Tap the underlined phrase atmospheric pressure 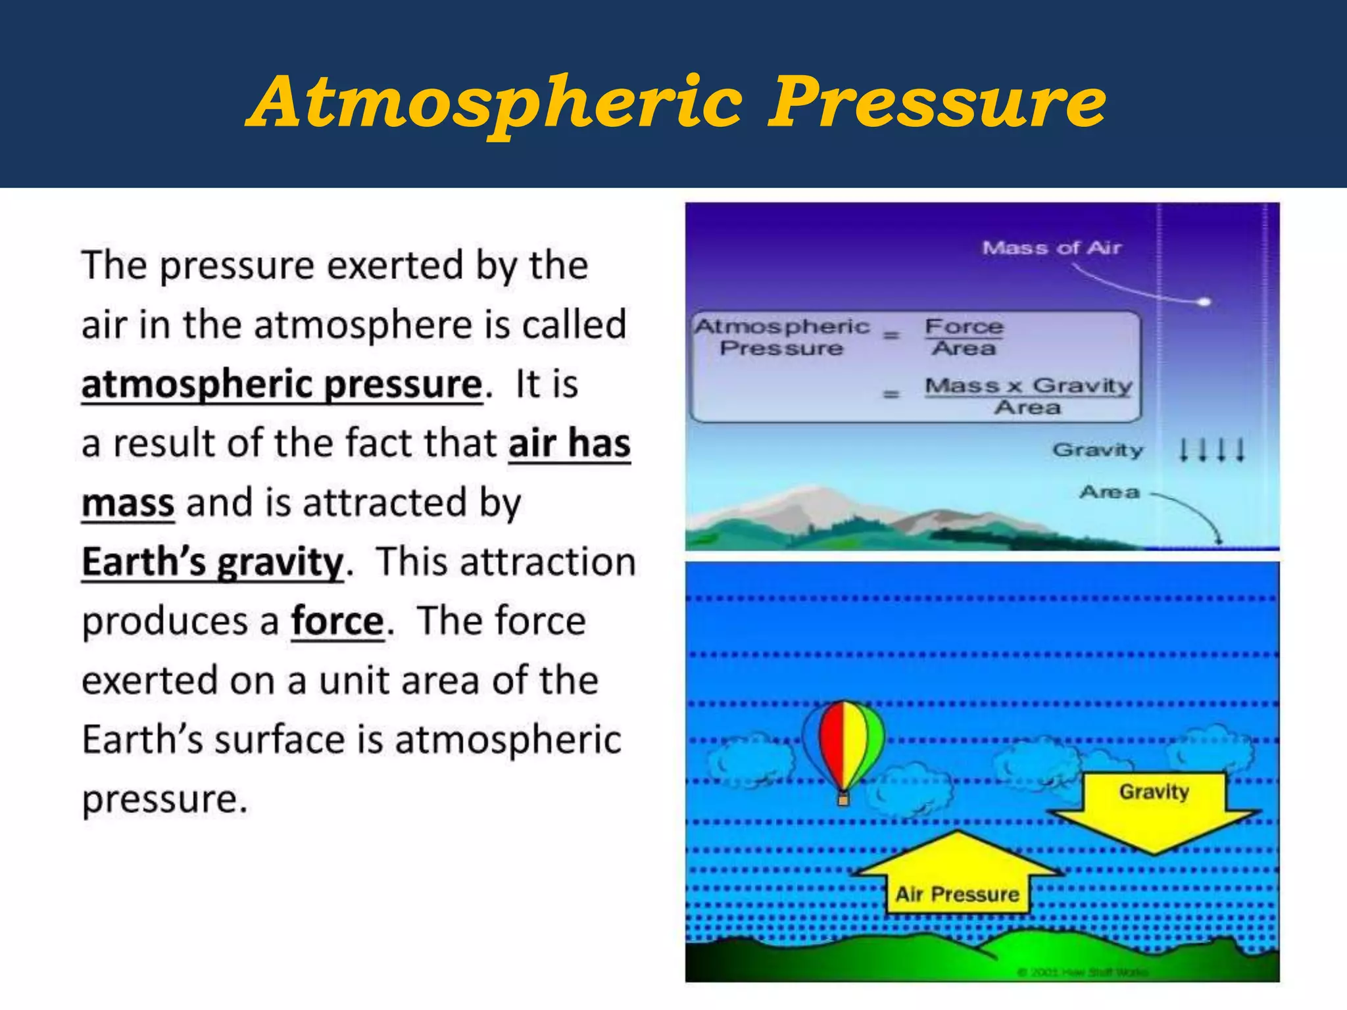click(282, 385)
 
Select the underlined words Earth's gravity click(212, 563)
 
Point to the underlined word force click(337, 622)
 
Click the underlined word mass click(128, 504)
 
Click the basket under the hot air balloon click(843, 800)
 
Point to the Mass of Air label click(1051, 248)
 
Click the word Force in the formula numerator click(964, 326)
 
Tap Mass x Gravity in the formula click(1028, 385)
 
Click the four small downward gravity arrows click(1211, 450)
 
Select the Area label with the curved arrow click(1109, 492)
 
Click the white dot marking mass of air click(1204, 302)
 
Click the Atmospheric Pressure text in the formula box click(782, 337)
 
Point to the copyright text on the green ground click(1082, 971)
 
